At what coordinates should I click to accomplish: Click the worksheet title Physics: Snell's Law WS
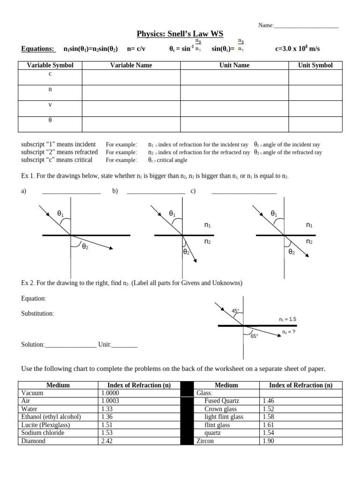tap(180, 34)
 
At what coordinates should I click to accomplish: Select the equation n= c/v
tap(136, 49)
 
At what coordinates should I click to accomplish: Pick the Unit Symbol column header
tap(315, 65)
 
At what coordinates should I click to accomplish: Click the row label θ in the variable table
tap(50, 120)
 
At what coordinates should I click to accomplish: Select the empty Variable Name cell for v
tap(131, 108)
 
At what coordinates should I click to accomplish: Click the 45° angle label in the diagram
tap(235, 311)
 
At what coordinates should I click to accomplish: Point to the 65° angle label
tap(254, 336)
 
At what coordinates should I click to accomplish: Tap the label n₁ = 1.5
tap(287, 319)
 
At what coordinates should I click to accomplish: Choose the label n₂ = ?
tap(288, 332)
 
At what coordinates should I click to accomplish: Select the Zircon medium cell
tap(205, 441)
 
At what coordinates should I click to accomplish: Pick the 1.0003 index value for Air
tap(110, 401)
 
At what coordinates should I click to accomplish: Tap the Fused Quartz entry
tap(222, 401)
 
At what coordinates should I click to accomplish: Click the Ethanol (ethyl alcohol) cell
tap(51, 417)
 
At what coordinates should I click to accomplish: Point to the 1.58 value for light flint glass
tap(268, 417)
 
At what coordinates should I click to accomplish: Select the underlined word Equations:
tap(38, 49)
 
